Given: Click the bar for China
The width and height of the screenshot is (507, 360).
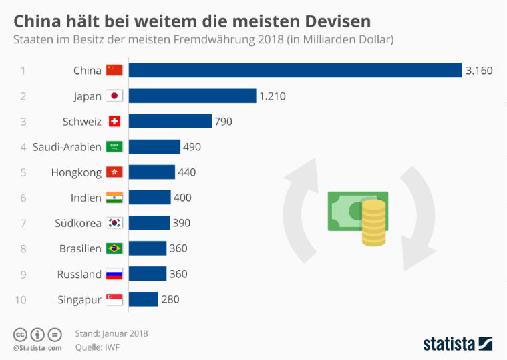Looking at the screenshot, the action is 295,70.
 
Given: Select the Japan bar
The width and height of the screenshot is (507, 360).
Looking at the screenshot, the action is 192,96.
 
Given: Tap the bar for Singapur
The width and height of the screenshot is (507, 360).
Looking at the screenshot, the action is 143,299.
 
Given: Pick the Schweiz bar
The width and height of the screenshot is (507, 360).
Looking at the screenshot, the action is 170,121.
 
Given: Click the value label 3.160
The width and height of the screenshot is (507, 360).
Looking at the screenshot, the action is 479,71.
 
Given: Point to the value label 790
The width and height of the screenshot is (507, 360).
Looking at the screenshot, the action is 223,122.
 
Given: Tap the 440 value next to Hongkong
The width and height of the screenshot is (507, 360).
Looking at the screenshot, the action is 187,172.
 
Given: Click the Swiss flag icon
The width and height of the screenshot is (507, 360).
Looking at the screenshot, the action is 114,121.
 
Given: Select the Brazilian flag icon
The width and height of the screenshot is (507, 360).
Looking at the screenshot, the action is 114,248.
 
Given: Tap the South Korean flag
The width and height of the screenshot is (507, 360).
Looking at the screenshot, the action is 114,223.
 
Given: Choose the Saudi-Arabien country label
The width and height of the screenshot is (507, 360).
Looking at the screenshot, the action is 67,147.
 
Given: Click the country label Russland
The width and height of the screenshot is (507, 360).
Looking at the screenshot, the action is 79,275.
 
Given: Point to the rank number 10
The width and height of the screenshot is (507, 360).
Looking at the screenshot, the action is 20,300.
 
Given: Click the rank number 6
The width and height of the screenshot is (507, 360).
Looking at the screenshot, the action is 23,198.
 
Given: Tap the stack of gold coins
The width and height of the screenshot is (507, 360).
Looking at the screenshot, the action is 374,223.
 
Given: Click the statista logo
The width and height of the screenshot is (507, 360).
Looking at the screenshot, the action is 458,344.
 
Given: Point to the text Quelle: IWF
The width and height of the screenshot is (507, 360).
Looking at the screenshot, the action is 98,347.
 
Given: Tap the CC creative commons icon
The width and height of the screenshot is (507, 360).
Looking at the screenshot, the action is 20,335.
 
